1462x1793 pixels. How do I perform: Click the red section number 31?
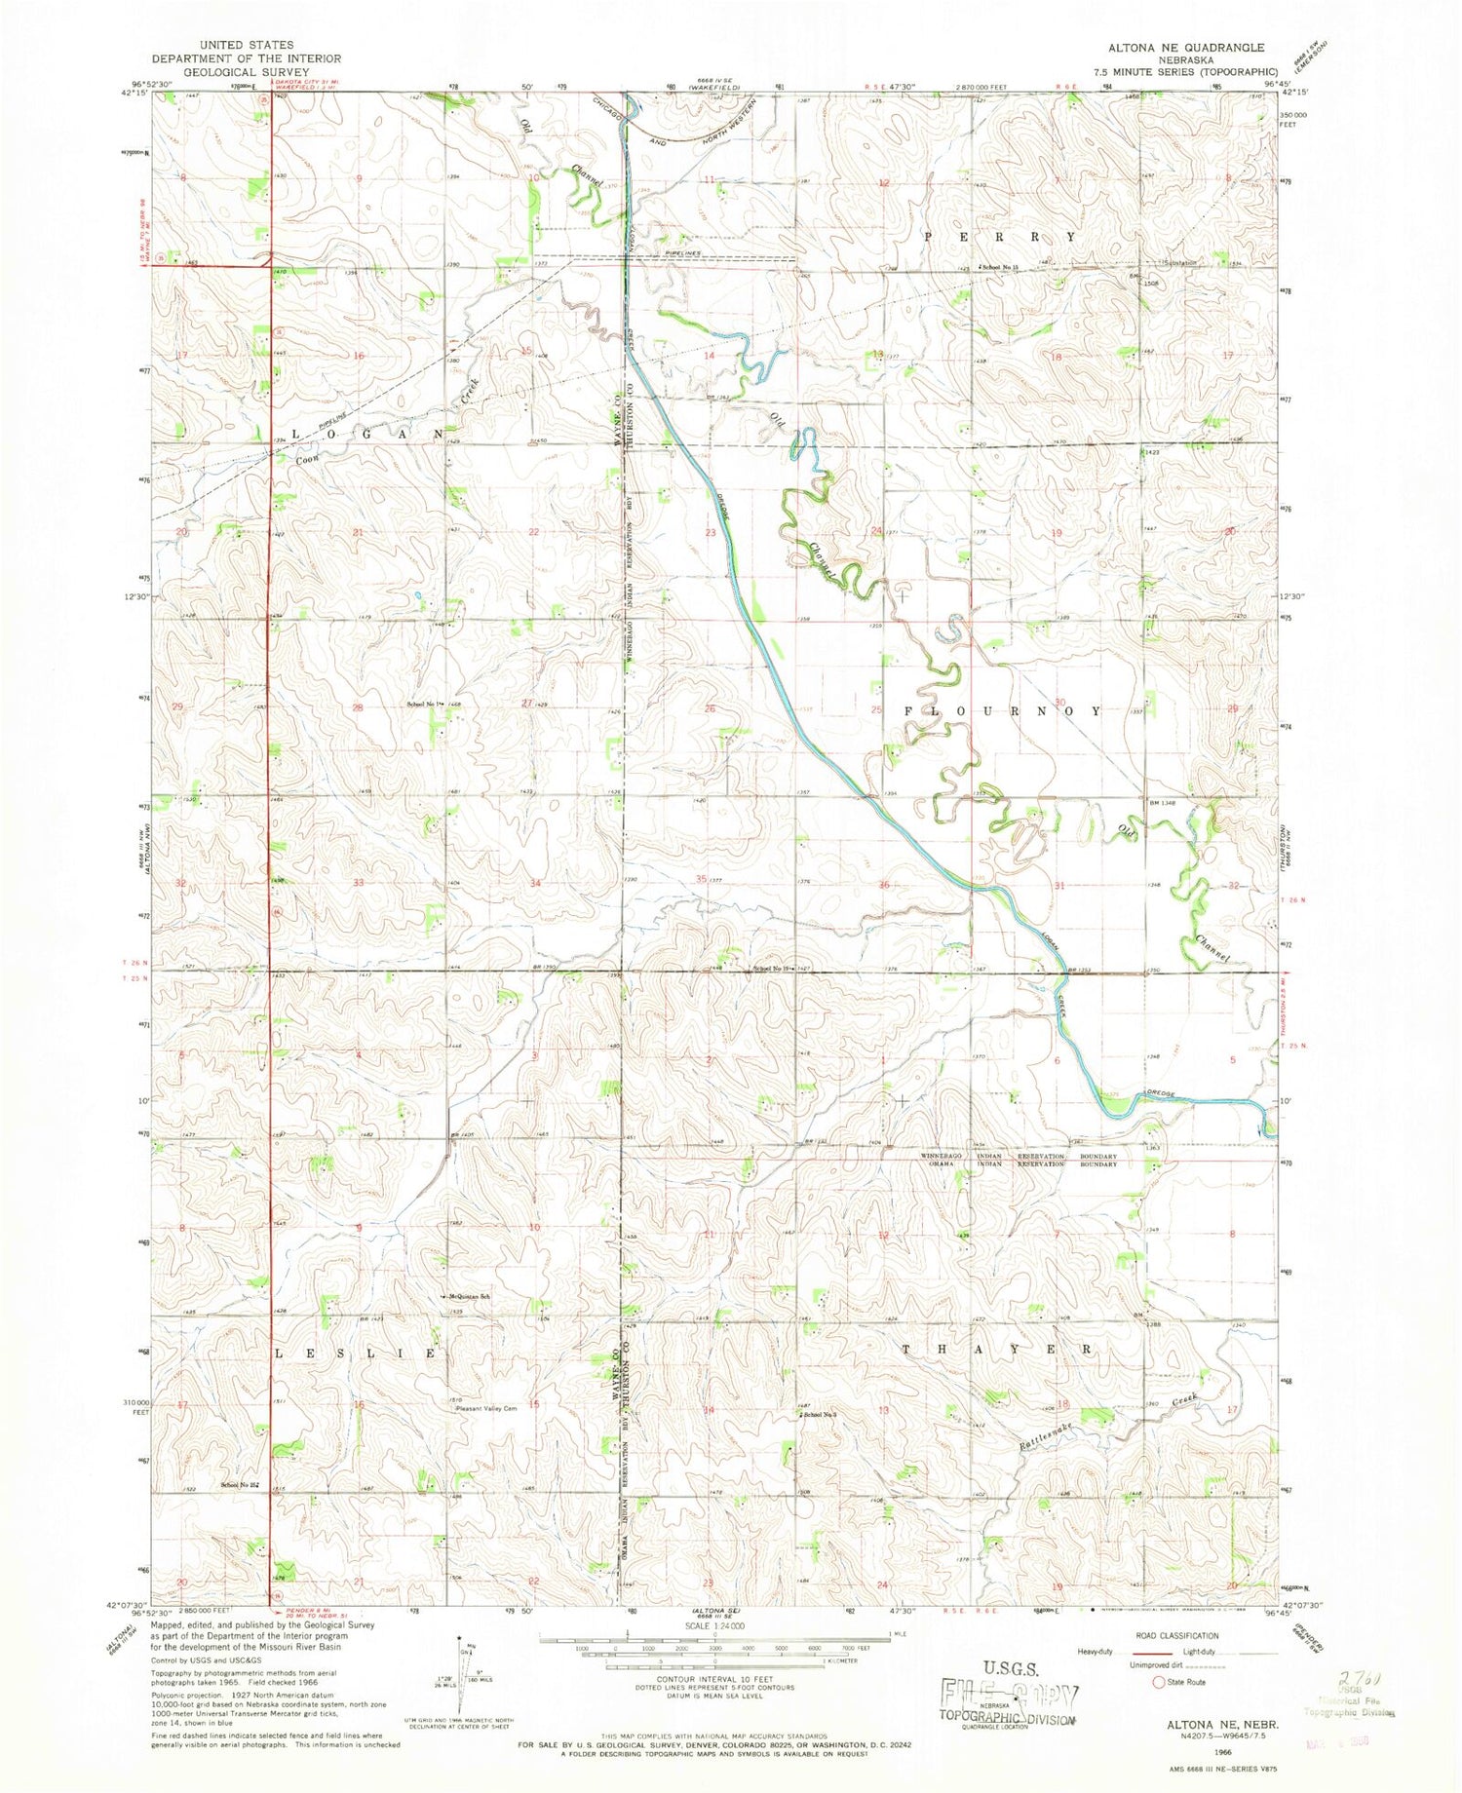[1057, 885]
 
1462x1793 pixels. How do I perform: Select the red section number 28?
[358, 708]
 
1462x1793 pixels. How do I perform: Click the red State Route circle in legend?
[1159, 1682]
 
